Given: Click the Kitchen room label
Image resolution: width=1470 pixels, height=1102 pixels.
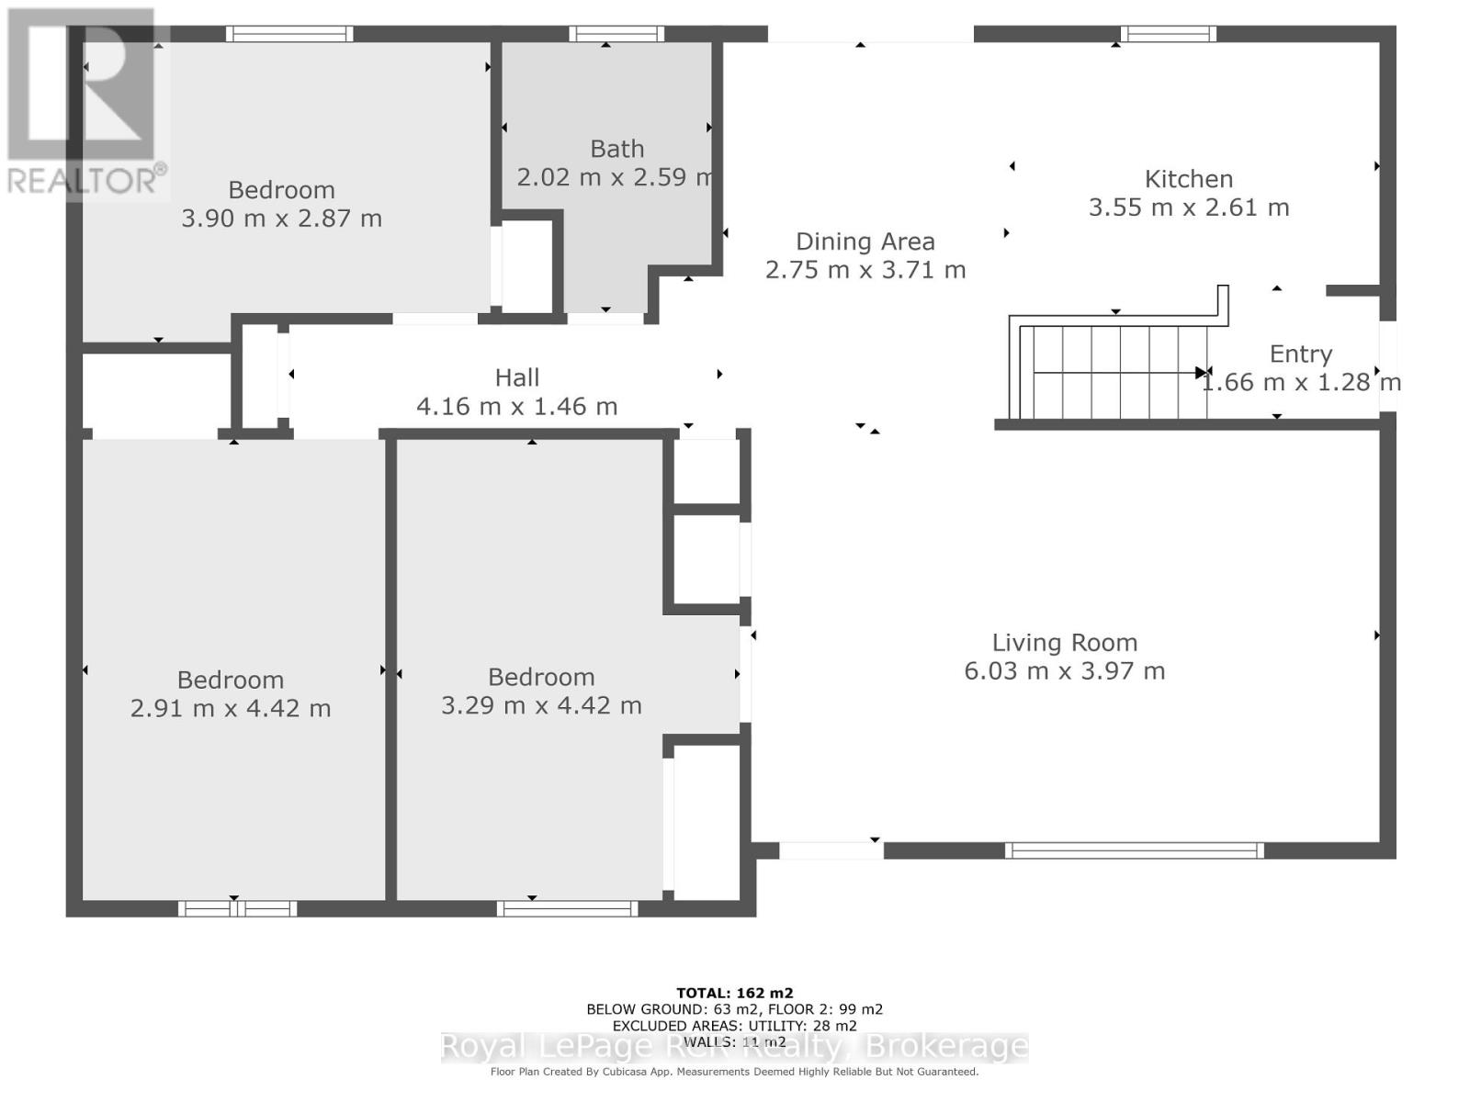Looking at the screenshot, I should pyautogui.click(x=1188, y=179).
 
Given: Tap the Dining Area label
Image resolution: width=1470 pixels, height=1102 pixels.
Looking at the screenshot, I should pyautogui.click(x=865, y=242).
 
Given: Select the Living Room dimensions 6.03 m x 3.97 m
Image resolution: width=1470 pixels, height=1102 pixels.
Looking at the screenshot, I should pyautogui.click(x=1064, y=671).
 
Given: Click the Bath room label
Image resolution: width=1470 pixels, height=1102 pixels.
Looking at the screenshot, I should pyautogui.click(x=616, y=149).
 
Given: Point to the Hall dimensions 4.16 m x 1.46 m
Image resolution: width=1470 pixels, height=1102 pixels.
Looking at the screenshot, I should pyautogui.click(x=516, y=406).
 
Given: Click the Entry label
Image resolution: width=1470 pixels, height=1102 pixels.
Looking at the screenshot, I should pyautogui.click(x=1300, y=354).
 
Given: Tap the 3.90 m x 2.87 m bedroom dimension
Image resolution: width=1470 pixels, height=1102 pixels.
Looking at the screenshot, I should pyautogui.click(x=281, y=219).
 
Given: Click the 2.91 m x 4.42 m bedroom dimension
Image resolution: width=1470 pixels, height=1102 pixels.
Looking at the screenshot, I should pyautogui.click(x=230, y=708).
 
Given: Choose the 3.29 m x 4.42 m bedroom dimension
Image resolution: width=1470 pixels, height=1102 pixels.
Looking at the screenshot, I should pyautogui.click(x=541, y=705).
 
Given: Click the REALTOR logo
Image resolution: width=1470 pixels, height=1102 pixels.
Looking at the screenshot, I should pyautogui.click(x=85, y=101).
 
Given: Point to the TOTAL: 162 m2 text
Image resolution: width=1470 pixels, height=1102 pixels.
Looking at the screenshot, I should pyautogui.click(x=734, y=993).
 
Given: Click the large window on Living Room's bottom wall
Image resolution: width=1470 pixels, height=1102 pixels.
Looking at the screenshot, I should pyautogui.click(x=1134, y=850).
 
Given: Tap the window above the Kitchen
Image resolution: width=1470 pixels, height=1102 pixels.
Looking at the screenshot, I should pyautogui.click(x=1168, y=34).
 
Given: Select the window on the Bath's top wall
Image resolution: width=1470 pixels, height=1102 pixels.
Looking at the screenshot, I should pyautogui.click(x=616, y=34).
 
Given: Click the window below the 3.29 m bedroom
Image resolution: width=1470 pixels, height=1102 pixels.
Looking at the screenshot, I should pyautogui.click(x=567, y=908).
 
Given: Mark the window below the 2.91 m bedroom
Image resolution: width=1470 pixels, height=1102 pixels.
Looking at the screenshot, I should pyautogui.click(x=237, y=908).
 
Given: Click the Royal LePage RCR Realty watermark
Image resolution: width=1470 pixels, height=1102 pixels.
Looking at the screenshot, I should pyautogui.click(x=734, y=1047).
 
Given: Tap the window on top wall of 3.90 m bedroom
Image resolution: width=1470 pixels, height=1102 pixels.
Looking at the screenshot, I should pyautogui.click(x=289, y=34).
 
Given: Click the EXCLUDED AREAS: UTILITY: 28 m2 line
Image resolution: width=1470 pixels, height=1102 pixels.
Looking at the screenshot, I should pyautogui.click(x=734, y=1026).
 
